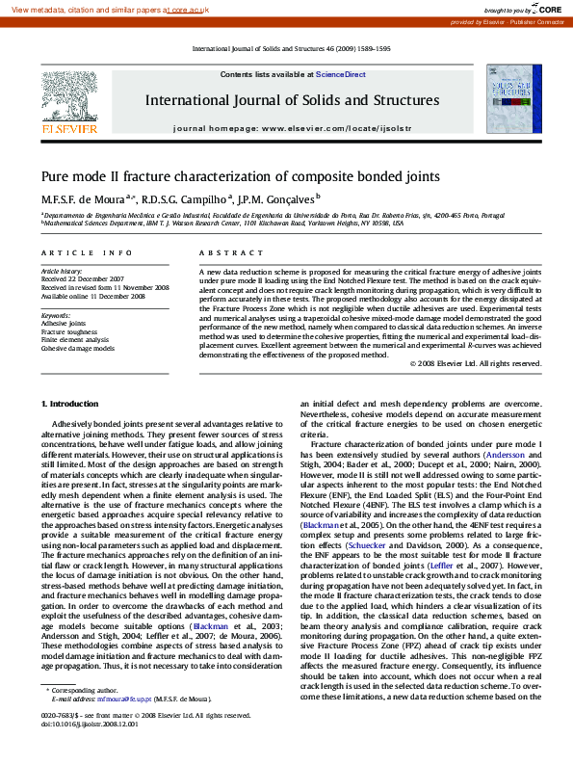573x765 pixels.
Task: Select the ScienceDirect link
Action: [x=341, y=74]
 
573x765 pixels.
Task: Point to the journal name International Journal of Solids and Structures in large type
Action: [x=292, y=100]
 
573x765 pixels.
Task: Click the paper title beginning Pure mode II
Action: [x=240, y=176]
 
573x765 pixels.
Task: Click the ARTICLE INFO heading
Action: [x=87, y=252]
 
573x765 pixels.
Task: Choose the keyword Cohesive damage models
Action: [x=78, y=348]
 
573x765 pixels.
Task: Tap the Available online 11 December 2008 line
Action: [x=92, y=296]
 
